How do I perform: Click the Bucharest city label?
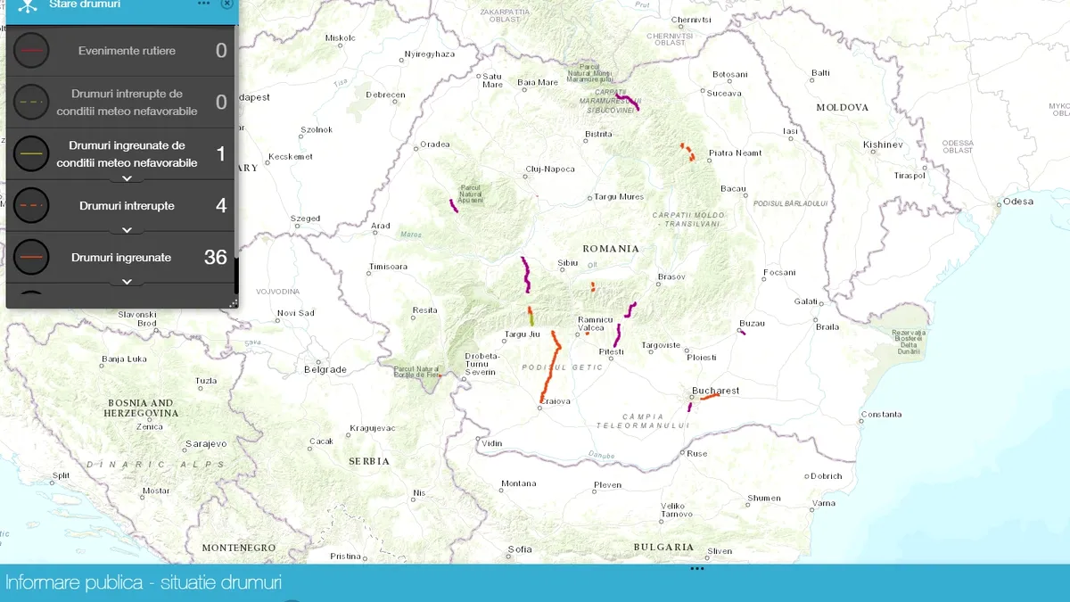click(x=716, y=391)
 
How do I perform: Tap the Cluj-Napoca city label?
click(x=550, y=169)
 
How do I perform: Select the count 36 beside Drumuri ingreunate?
click(x=216, y=258)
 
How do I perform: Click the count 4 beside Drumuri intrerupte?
click(x=221, y=206)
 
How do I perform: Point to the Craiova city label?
click(x=555, y=401)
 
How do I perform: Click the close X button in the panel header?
click(x=226, y=4)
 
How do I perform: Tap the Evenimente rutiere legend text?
click(x=127, y=51)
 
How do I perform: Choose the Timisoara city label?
click(x=388, y=267)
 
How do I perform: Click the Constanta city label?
click(x=882, y=415)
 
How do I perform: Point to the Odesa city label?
click(x=1017, y=202)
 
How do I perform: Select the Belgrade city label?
click(x=325, y=369)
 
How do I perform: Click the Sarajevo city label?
click(x=206, y=443)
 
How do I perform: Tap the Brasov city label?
click(x=671, y=276)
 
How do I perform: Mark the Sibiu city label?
click(x=567, y=263)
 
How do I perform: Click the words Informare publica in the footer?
click(x=74, y=583)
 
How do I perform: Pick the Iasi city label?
click(x=790, y=131)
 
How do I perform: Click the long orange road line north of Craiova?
click(x=551, y=370)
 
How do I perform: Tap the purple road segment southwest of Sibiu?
click(x=526, y=275)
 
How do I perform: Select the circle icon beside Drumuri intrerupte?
click(x=31, y=206)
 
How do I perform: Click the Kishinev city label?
click(x=883, y=144)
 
